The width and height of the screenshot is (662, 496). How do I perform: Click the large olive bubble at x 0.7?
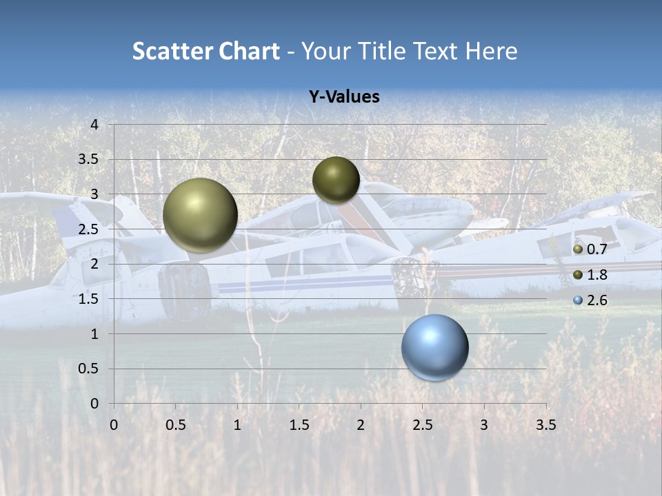tap(200, 215)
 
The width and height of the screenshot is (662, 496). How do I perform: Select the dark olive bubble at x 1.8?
tap(336, 180)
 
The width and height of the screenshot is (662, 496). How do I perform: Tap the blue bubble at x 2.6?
tap(434, 347)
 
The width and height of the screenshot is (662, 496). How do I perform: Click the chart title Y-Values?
tap(343, 97)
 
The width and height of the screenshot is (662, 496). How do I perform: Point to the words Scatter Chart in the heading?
tap(205, 51)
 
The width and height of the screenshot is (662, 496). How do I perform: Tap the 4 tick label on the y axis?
tap(95, 125)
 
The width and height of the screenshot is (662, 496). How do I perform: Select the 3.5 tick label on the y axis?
tap(90, 160)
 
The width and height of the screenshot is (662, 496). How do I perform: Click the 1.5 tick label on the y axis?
tap(90, 299)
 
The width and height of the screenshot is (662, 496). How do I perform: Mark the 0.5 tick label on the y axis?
tap(90, 369)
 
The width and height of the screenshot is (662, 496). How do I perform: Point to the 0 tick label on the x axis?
tap(114, 425)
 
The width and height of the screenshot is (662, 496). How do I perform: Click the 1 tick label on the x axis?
tap(237, 425)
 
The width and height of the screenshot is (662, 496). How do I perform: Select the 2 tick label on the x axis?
tap(361, 425)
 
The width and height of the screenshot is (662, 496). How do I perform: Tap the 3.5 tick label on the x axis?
tap(545, 425)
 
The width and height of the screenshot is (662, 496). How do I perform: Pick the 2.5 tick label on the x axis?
tap(422, 425)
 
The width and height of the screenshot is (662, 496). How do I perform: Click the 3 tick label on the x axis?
tap(484, 425)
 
